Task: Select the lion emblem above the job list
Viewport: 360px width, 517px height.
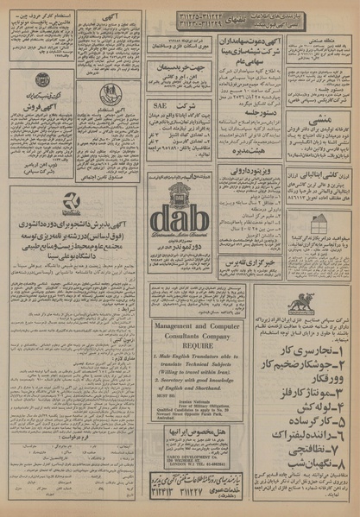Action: (301, 305)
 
